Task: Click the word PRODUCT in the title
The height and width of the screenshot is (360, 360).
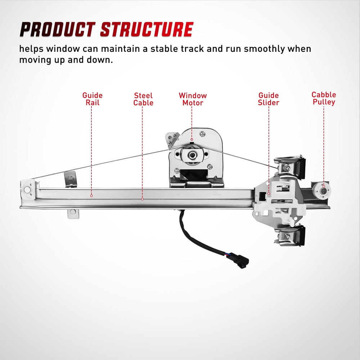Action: [x=57, y=30]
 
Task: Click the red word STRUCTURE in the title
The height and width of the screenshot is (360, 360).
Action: [x=147, y=30]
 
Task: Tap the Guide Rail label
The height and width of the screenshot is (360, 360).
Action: [x=92, y=99]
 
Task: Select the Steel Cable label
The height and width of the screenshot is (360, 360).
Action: [x=143, y=99]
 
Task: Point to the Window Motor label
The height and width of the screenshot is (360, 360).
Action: [x=193, y=99]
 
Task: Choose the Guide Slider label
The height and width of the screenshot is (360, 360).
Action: [x=269, y=99]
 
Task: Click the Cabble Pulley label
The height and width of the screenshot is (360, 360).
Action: [x=324, y=98]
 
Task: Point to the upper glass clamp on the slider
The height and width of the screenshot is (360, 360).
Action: [x=290, y=167]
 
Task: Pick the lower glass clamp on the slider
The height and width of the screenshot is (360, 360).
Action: [x=290, y=235]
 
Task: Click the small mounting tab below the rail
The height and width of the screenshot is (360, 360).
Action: [x=73, y=213]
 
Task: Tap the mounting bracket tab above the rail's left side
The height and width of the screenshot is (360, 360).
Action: [x=70, y=179]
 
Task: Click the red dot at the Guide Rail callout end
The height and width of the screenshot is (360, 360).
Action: [x=91, y=195]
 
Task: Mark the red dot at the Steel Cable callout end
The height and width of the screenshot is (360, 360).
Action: [x=142, y=199]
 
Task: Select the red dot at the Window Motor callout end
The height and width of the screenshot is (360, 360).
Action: [x=192, y=140]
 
